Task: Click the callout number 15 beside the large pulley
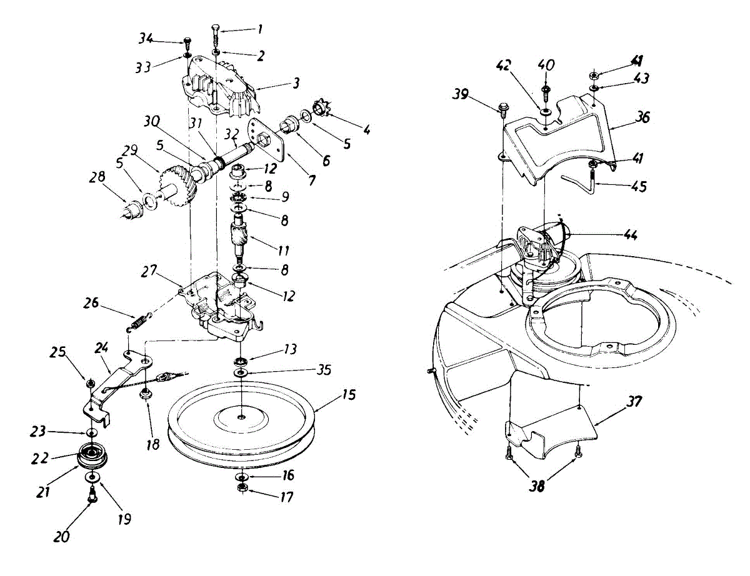coord(348,395)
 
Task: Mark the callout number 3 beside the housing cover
coord(295,82)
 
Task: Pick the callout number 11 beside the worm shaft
coord(283,251)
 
